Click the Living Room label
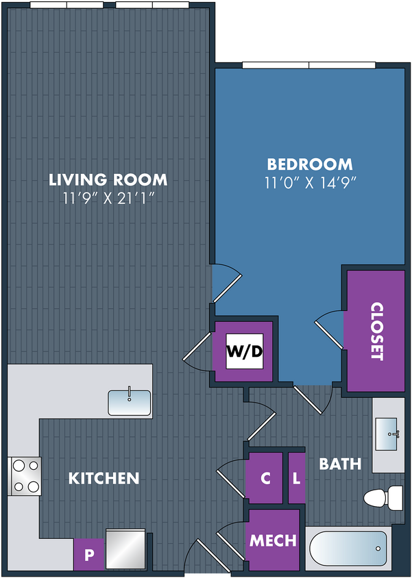pos(108,179)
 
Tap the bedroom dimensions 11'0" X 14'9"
pos(310,183)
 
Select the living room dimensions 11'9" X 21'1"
pos(108,199)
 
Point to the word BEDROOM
pos(310,164)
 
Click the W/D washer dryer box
pos(245,351)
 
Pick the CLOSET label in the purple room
pos(377,331)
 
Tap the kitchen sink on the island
pos(130,403)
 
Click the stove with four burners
pos(25,476)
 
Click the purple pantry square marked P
pos(89,555)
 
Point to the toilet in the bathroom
pos(384,498)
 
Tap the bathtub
pos(348,548)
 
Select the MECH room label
pos(274,540)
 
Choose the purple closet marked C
pos(265,478)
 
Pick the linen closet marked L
pos(297,478)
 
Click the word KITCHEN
pos(104,478)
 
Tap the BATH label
pos(340,464)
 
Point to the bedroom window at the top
pos(308,65)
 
